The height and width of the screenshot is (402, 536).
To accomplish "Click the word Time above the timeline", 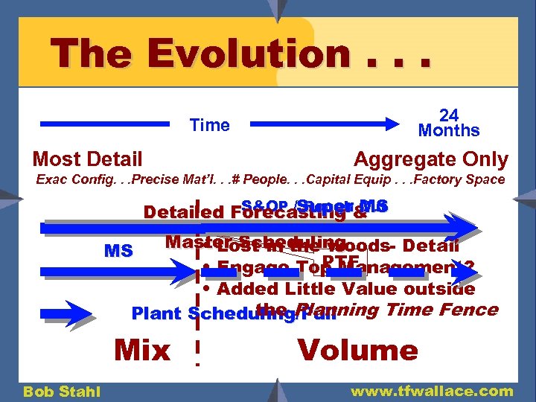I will pyautogui.click(x=210, y=125).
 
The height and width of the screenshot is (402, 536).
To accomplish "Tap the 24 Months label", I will pyautogui.click(x=449, y=123).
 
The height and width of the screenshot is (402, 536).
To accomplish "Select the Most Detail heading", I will pyautogui.click(x=87, y=159).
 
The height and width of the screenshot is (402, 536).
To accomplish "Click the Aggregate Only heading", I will pyautogui.click(x=431, y=159).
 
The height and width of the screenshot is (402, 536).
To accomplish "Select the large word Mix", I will pyautogui.click(x=141, y=349).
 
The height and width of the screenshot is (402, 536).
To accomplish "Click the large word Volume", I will pyautogui.click(x=357, y=349).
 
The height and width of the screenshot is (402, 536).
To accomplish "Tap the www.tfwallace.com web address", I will pyautogui.click(x=432, y=391).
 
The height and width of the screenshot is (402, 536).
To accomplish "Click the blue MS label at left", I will pyautogui.click(x=118, y=251).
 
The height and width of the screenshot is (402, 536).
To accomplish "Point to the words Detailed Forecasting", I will pyautogui.click(x=246, y=212).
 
